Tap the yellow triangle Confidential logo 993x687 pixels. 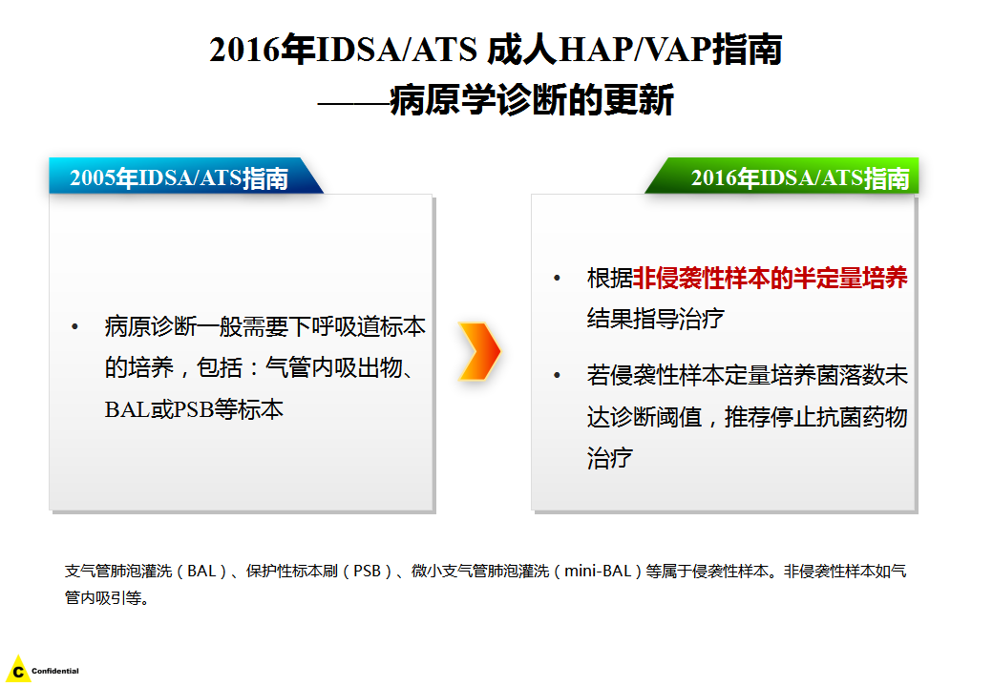[x=18, y=669]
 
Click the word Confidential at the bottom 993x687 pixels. [x=55, y=671]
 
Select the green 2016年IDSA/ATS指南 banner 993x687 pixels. [x=782, y=176]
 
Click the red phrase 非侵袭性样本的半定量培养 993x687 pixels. [x=771, y=279]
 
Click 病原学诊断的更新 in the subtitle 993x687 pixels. [x=531, y=100]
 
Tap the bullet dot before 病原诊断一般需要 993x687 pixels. [x=74, y=327]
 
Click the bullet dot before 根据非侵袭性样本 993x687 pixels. [x=558, y=279]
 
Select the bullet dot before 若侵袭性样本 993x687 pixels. [x=558, y=376]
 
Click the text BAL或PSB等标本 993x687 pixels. [x=194, y=409]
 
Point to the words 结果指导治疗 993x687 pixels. [x=655, y=318]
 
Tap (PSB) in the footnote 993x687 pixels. [x=367, y=572]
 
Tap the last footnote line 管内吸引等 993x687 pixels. [x=106, y=598]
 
